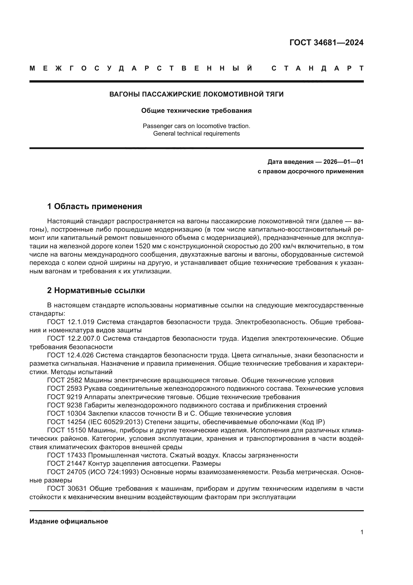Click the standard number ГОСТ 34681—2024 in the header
pyautogui.click(x=326, y=43)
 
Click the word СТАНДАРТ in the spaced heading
pyautogui.click(x=317, y=68)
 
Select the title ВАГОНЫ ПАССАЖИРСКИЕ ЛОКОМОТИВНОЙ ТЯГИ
pyautogui.click(x=196, y=94)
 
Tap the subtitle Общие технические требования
pyautogui.click(x=196, y=111)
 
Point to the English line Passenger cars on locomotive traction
pyautogui.click(x=196, y=126)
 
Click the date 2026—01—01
pyautogui.click(x=343, y=162)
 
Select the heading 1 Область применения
pyautogui.click(x=94, y=206)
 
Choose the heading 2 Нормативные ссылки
pyautogui.click(x=96, y=290)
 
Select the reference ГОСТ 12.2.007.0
pyautogui.click(x=74, y=338)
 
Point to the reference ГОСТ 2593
pyautogui.click(x=65, y=389)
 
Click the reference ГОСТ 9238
pyautogui.click(x=65, y=405)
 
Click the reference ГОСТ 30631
pyautogui.click(x=67, y=489)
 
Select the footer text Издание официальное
pyautogui.click(x=69, y=521)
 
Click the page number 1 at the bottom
pyautogui.click(x=362, y=532)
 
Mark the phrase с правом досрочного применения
pyautogui.click(x=310, y=171)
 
